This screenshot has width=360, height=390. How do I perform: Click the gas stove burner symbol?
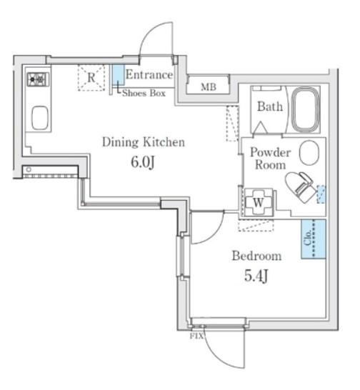pos(39,79)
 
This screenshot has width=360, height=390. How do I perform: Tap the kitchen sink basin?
pos(40,118)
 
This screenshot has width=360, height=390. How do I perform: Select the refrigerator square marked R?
pos(91,78)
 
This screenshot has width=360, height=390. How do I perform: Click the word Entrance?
pos(149,74)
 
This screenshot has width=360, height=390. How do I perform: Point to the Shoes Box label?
pos(144,93)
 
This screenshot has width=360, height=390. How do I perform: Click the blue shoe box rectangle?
pos(119,75)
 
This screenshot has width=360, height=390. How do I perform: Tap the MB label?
pos(209,87)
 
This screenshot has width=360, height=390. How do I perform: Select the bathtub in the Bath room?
pos(306,109)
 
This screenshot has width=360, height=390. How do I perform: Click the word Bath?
pos(270,106)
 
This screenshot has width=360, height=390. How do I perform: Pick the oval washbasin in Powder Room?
pos(309,153)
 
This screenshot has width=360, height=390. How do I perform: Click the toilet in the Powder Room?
pos(301,186)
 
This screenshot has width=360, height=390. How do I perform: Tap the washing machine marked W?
pos(259,202)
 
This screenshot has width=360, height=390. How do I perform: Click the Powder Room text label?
pos(271,159)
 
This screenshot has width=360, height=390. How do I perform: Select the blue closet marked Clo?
pos(314,239)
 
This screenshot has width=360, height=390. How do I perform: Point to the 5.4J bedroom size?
pos(256,276)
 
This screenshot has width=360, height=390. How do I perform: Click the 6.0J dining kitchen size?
pos(143,162)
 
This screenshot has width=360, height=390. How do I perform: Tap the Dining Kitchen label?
pos(144,142)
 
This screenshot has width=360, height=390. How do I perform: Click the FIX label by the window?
pos(196,336)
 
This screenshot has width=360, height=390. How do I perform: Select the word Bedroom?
pos(256,256)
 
